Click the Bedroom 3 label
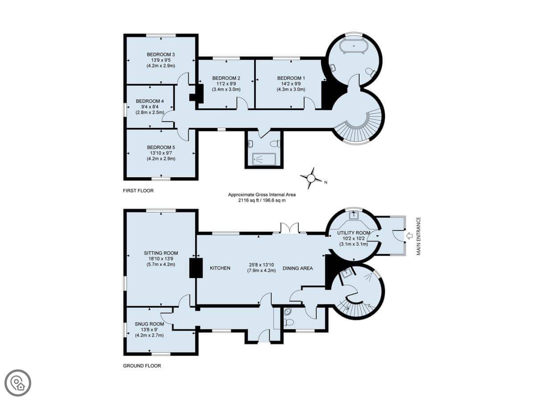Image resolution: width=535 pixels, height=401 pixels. (160, 54)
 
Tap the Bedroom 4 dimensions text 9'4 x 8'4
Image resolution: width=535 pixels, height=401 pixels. (150, 106)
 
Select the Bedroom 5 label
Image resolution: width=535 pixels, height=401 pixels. (161, 147)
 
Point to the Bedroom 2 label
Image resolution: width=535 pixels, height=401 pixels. (226, 78)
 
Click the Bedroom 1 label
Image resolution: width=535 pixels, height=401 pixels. (291, 78)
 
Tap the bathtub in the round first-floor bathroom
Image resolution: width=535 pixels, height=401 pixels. (354, 45)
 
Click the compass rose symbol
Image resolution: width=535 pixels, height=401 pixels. (311, 178)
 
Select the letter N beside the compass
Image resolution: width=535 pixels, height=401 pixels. (325, 182)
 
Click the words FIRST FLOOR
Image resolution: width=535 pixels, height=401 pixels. (138, 191)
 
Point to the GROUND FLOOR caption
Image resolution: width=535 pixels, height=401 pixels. (142, 366)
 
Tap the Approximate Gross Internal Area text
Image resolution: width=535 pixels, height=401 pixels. (262, 195)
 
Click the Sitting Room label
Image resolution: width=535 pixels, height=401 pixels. (161, 253)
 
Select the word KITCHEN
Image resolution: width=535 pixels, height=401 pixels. (220, 268)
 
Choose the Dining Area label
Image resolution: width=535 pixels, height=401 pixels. (298, 268)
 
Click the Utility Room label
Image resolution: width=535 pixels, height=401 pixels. (354, 233)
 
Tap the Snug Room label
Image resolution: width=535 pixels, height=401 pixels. (149, 324)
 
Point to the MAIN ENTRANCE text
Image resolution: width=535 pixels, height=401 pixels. (419, 236)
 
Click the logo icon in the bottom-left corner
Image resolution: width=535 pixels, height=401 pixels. (18, 383)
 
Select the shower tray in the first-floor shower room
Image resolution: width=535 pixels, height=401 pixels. (264, 159)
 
